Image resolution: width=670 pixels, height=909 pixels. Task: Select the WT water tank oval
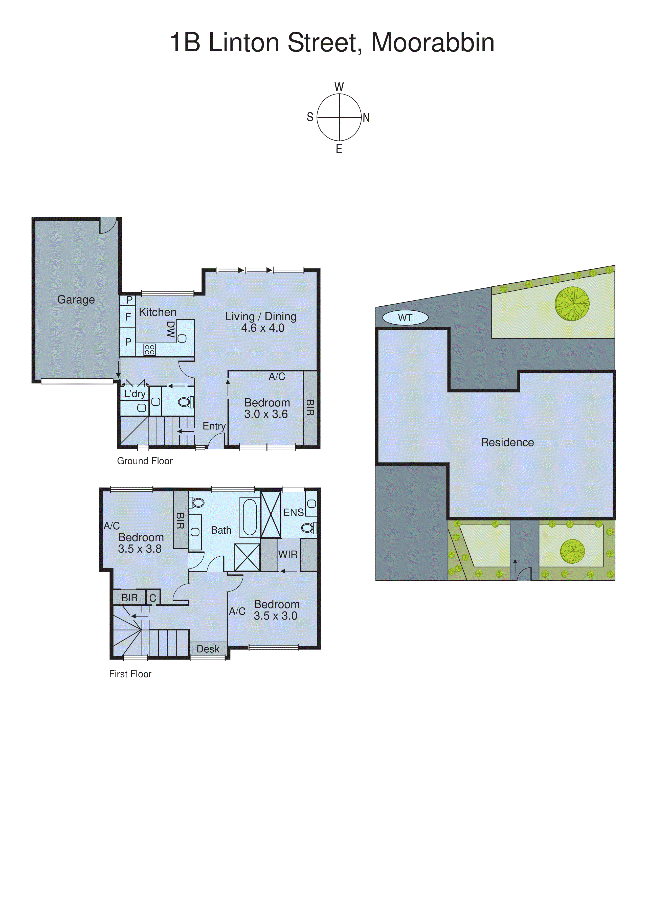405,317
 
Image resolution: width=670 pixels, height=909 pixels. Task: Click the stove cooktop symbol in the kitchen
149,350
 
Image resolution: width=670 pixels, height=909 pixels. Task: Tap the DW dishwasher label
171,330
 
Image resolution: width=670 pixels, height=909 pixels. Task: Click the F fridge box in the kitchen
128,317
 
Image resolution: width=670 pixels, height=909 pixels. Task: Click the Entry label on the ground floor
214,426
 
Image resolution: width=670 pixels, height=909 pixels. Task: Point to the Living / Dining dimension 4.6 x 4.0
262,328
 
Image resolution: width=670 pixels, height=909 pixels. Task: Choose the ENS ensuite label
293,512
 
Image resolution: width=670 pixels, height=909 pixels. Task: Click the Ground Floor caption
145,461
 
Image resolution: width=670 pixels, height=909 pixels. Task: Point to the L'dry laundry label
135,394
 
